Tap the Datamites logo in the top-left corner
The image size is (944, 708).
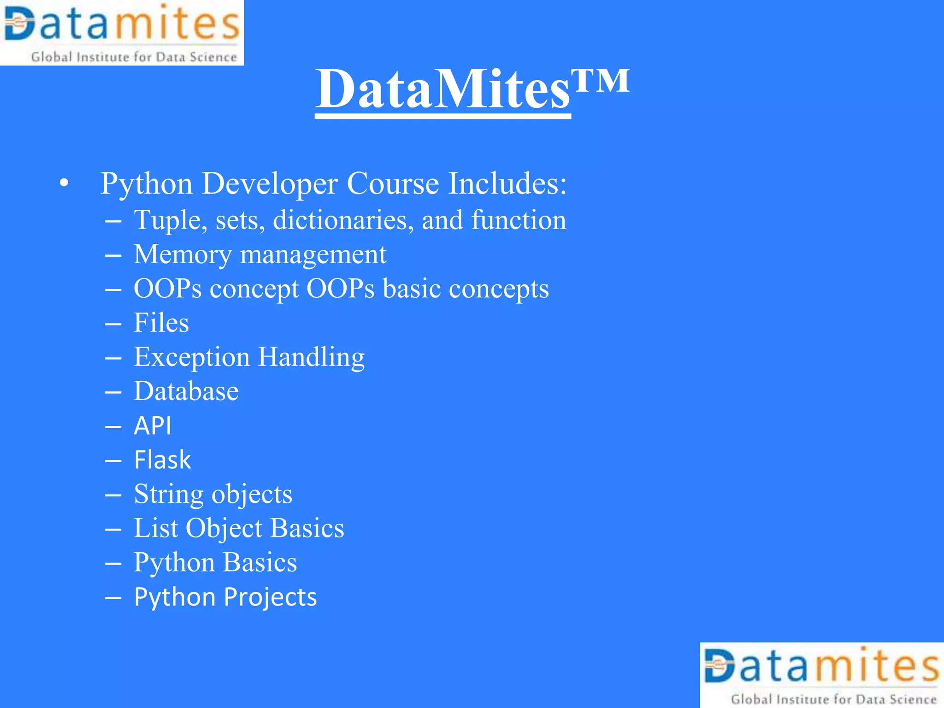(122, 33)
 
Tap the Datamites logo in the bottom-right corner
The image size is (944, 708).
(821, 675)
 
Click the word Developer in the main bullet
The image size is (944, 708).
(270, 184)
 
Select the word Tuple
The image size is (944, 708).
(167, 220)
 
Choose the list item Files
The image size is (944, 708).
(161, 323)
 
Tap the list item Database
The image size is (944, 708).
(186, 391)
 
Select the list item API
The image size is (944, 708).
(153, 425)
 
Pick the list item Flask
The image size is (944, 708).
(162, 460)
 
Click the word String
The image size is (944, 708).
(168, 495)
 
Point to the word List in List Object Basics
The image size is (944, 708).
(155, 528)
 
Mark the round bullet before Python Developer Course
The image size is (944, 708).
(64, 183)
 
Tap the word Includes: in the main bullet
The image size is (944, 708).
(507, 183)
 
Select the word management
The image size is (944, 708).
(313, 254)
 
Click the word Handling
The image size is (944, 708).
(311, 357)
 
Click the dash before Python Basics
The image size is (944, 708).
(113, 563)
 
